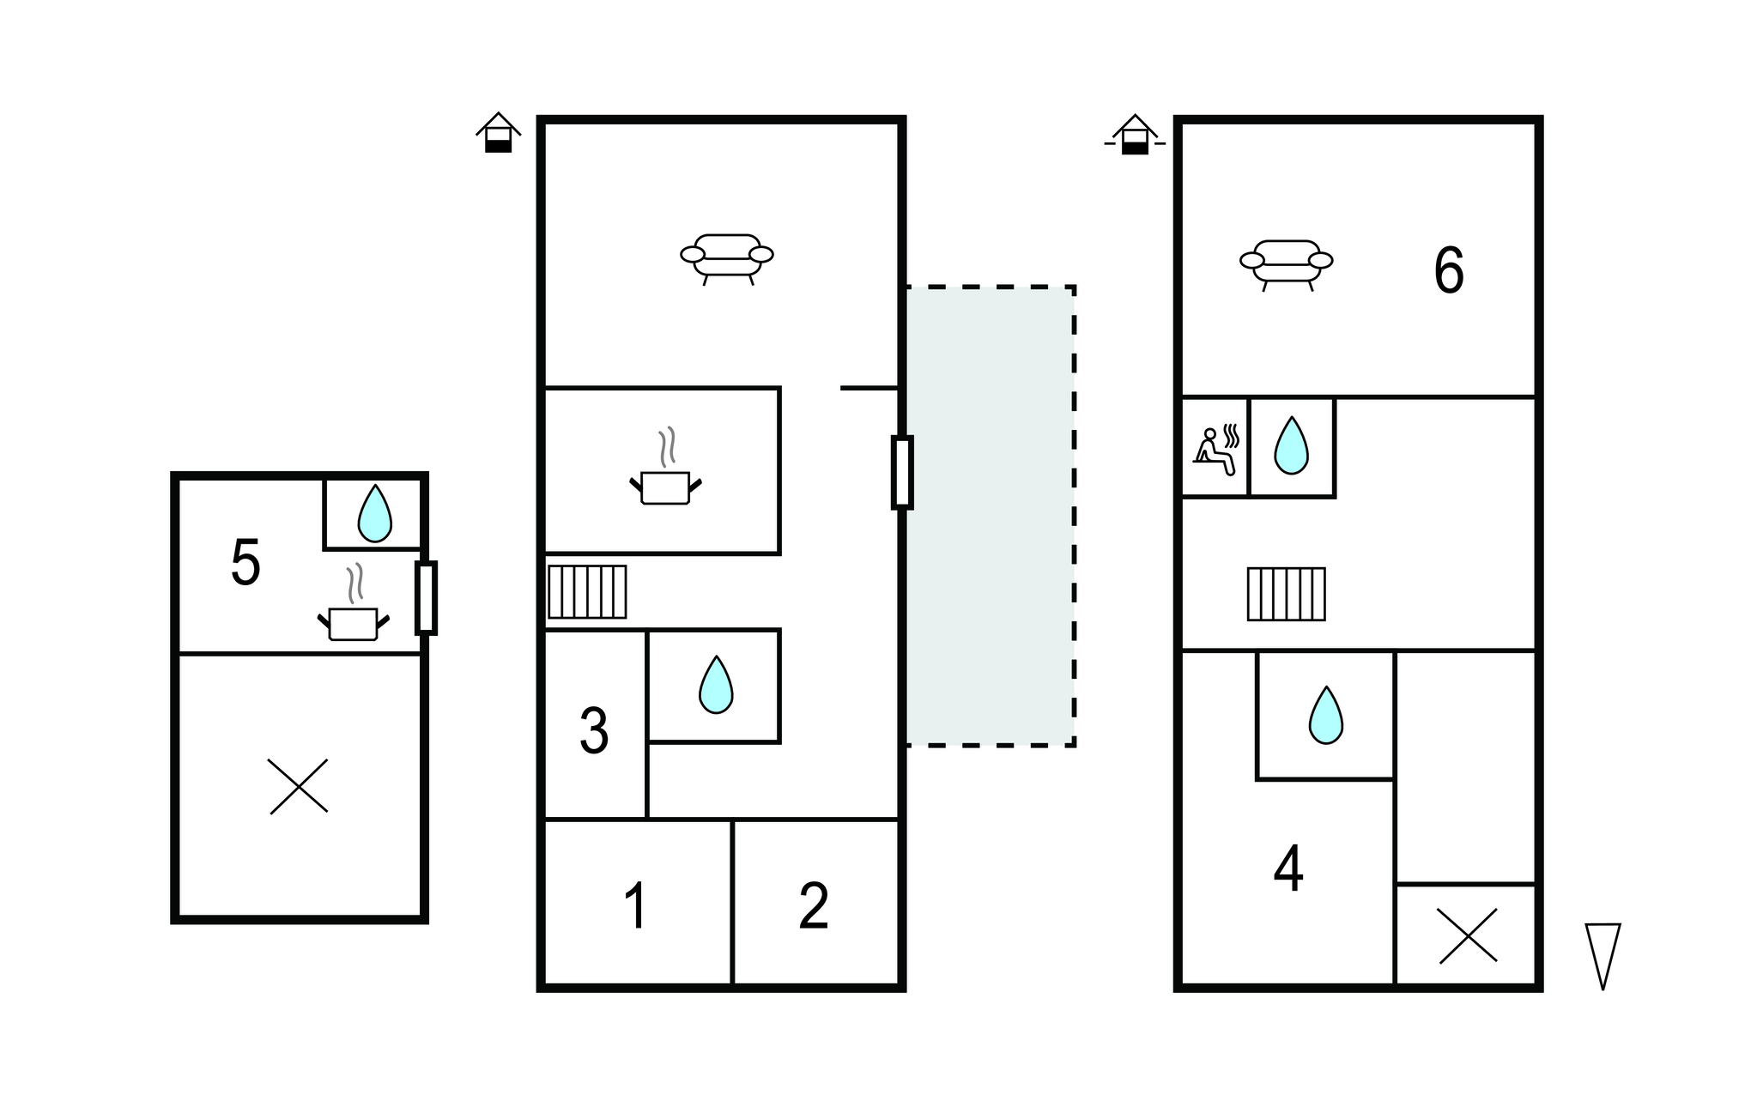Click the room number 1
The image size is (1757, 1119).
coord(635,906)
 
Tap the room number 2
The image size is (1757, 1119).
coord(814,906)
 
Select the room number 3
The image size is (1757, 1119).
coord(594,731)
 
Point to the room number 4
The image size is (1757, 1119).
coord(1288,869)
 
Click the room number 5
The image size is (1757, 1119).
coord(245,563)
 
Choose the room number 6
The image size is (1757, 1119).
coord(1449,271)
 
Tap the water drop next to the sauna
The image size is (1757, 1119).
coord(1291,445)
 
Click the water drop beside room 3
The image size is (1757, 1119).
coord(716,685)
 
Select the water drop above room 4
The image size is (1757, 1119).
coord(1326,715)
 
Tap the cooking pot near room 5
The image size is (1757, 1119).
coord(353,614)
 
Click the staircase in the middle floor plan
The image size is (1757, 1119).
coord(588,591)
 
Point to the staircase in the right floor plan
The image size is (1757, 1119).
coord(1286,594)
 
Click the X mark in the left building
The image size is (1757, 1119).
coord(299,785)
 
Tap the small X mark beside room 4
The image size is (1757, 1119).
coord(1468,935)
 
